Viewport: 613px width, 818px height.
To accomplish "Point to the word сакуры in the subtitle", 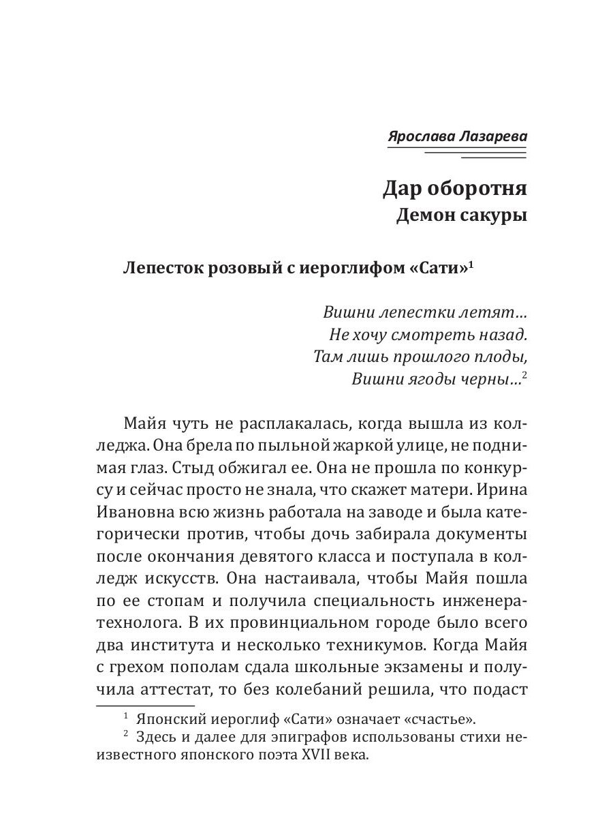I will click(495, 217).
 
